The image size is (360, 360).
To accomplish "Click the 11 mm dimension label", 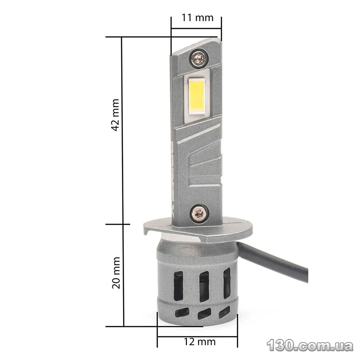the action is pyautogui.click(x=198, y=18).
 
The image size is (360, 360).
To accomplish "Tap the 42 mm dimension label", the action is pyautogui.click(x=115, y=115).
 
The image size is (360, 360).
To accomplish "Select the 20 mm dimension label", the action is pyautogui.click(x=116, y=273).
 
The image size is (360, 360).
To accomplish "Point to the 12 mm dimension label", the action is pyautogui.click(x=199, y=342).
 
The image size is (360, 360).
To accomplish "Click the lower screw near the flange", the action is pyautogui.click(x=199, y=214).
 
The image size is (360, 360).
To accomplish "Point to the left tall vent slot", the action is pyautogui.click(x=178, y=286).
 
